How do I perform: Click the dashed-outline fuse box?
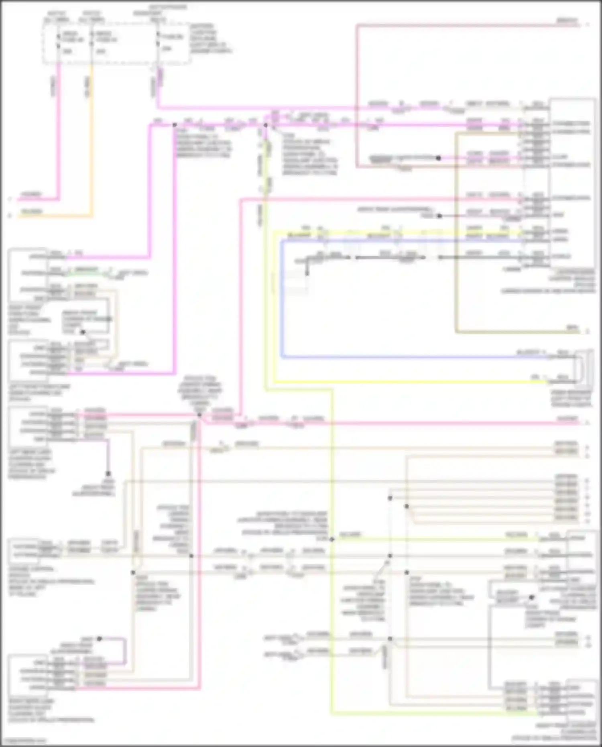point(116,42)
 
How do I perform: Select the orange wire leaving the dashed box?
point(92,140)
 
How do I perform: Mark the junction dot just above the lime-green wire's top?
point(265,125)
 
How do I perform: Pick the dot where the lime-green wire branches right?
point(332,539)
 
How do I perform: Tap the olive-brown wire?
point(456,241)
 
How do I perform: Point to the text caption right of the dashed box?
point(211,39)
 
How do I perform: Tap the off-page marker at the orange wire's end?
point(10,216)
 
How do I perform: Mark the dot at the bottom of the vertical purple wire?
point(108,474)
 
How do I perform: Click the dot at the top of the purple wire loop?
point(100,638)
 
